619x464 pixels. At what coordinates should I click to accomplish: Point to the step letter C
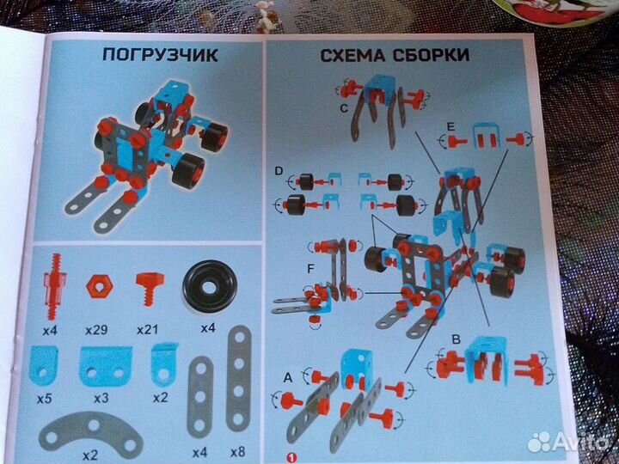coord(343,108)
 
